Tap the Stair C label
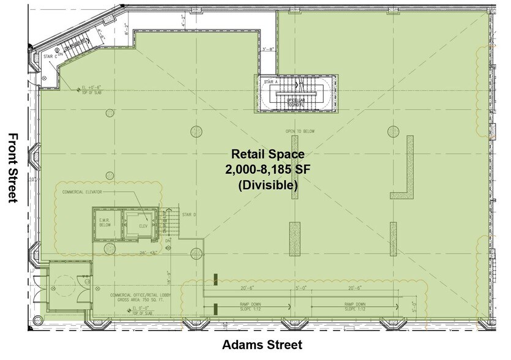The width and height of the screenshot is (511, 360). tap(51, 56)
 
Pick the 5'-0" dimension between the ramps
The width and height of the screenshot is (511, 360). tap(301, 287)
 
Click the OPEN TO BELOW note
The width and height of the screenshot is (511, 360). tap(299, 132)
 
